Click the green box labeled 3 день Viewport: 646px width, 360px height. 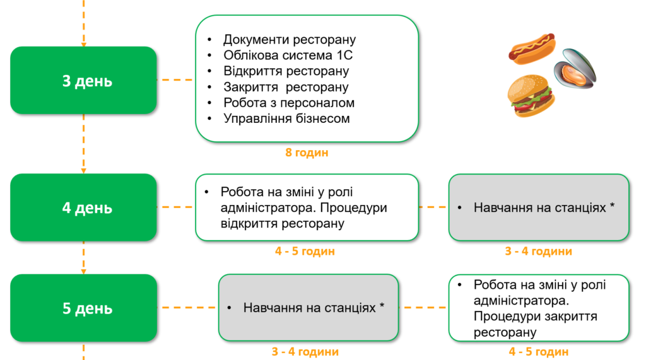pyautogui.click(x=83, y=80)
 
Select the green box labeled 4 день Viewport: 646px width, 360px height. pyautogui.click(x=83, y=207)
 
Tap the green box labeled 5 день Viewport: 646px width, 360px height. pyautogui.click(x=83, y=308)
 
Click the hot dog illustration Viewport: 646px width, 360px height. pyautogui.click(x=532, y=49)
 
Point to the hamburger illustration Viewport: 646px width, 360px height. pyautogui.click(x=531, y=96)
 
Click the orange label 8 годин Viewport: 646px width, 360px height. pyautogui.click(x=307, y=153)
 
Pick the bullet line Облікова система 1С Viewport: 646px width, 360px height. pyautogui.click(x=288, y=55)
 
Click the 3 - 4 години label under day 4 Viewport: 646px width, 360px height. pyautogui.click(x=539, y=252)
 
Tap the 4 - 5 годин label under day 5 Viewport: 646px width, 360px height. pyautogui.click(x=539, y=352)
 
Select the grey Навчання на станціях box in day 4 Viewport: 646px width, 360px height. pyautogui.click(x=539, y=207)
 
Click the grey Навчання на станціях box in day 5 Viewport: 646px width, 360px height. pyautogui.click(x=308, y=308)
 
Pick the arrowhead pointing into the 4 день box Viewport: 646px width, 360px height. pyautogui.click(x=84, y=170)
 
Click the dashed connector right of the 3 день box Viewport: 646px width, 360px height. pyautogui.click(x=176, y=80)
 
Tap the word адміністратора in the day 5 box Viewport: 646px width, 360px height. pyautogui.click(x=521, y=301)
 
